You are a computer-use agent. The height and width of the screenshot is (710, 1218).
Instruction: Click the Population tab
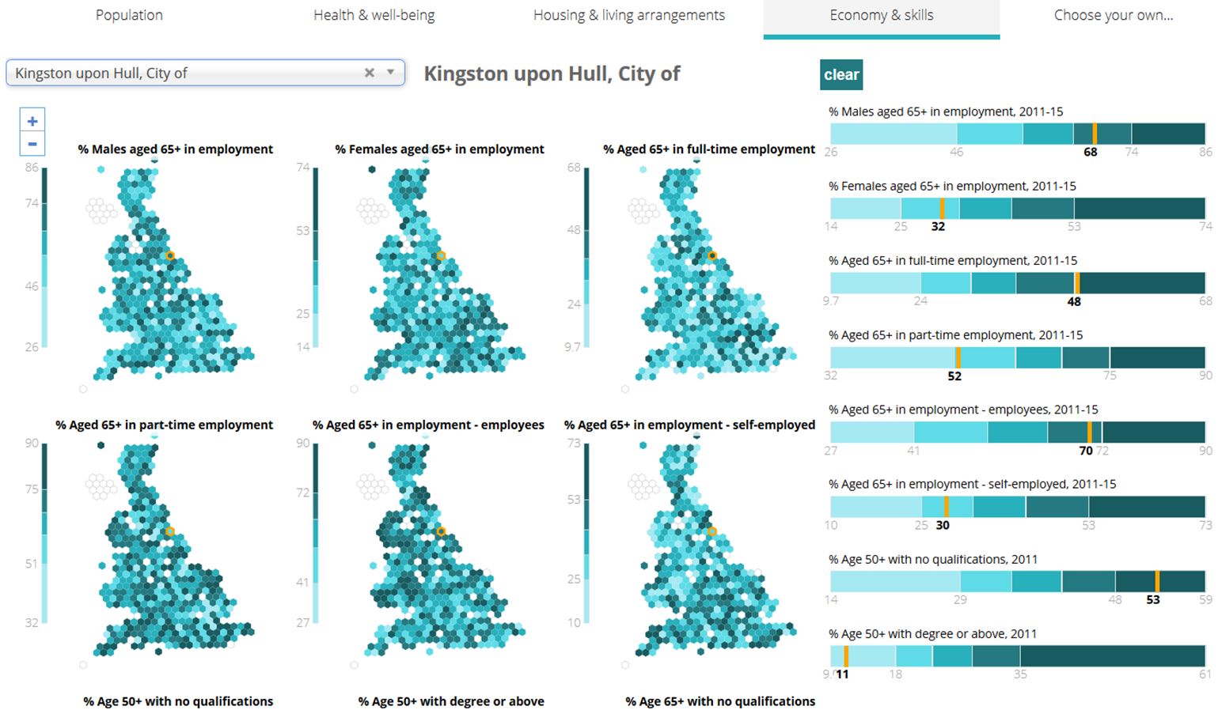click(x=129, y=15)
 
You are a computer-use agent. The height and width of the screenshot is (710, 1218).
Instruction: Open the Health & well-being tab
click(x=374, y=15)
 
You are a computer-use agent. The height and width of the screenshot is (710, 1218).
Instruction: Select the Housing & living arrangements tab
click(x=628, y=15)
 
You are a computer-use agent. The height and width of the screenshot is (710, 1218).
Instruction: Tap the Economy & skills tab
click(x=881, y=15)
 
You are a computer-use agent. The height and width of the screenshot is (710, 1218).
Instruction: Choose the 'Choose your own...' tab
click(x=1113, y=15)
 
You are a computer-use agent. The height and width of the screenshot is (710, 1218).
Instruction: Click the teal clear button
click(x=840, y=74)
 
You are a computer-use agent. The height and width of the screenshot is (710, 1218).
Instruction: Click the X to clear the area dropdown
click(x=369, y=73)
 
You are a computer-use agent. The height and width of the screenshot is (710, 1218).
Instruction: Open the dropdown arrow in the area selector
click(x=390, y=73)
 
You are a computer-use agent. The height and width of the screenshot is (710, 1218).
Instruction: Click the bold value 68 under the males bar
click(x=1090, y=152)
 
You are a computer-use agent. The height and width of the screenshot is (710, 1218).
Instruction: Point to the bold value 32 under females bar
click(x=938, y=226)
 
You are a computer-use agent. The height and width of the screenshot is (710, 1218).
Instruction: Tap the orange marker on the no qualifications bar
click(x=1157, y=581)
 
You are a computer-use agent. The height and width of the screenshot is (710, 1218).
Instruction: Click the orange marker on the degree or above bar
click(x=846, y=656)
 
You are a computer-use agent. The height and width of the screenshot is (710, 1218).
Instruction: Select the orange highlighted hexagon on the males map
click(x=170, y=255)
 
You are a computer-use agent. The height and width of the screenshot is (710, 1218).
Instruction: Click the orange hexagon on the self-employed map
click(x=711, y=531)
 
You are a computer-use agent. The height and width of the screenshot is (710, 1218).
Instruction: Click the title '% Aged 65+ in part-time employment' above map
click(x=164, y=425)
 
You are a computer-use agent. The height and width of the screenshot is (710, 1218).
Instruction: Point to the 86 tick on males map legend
click(x=32, y=168)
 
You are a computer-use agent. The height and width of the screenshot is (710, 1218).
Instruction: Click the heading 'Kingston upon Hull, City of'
click(x=552, y=74)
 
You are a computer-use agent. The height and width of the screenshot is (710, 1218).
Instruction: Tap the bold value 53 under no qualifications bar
click(x=1152, y=600)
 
